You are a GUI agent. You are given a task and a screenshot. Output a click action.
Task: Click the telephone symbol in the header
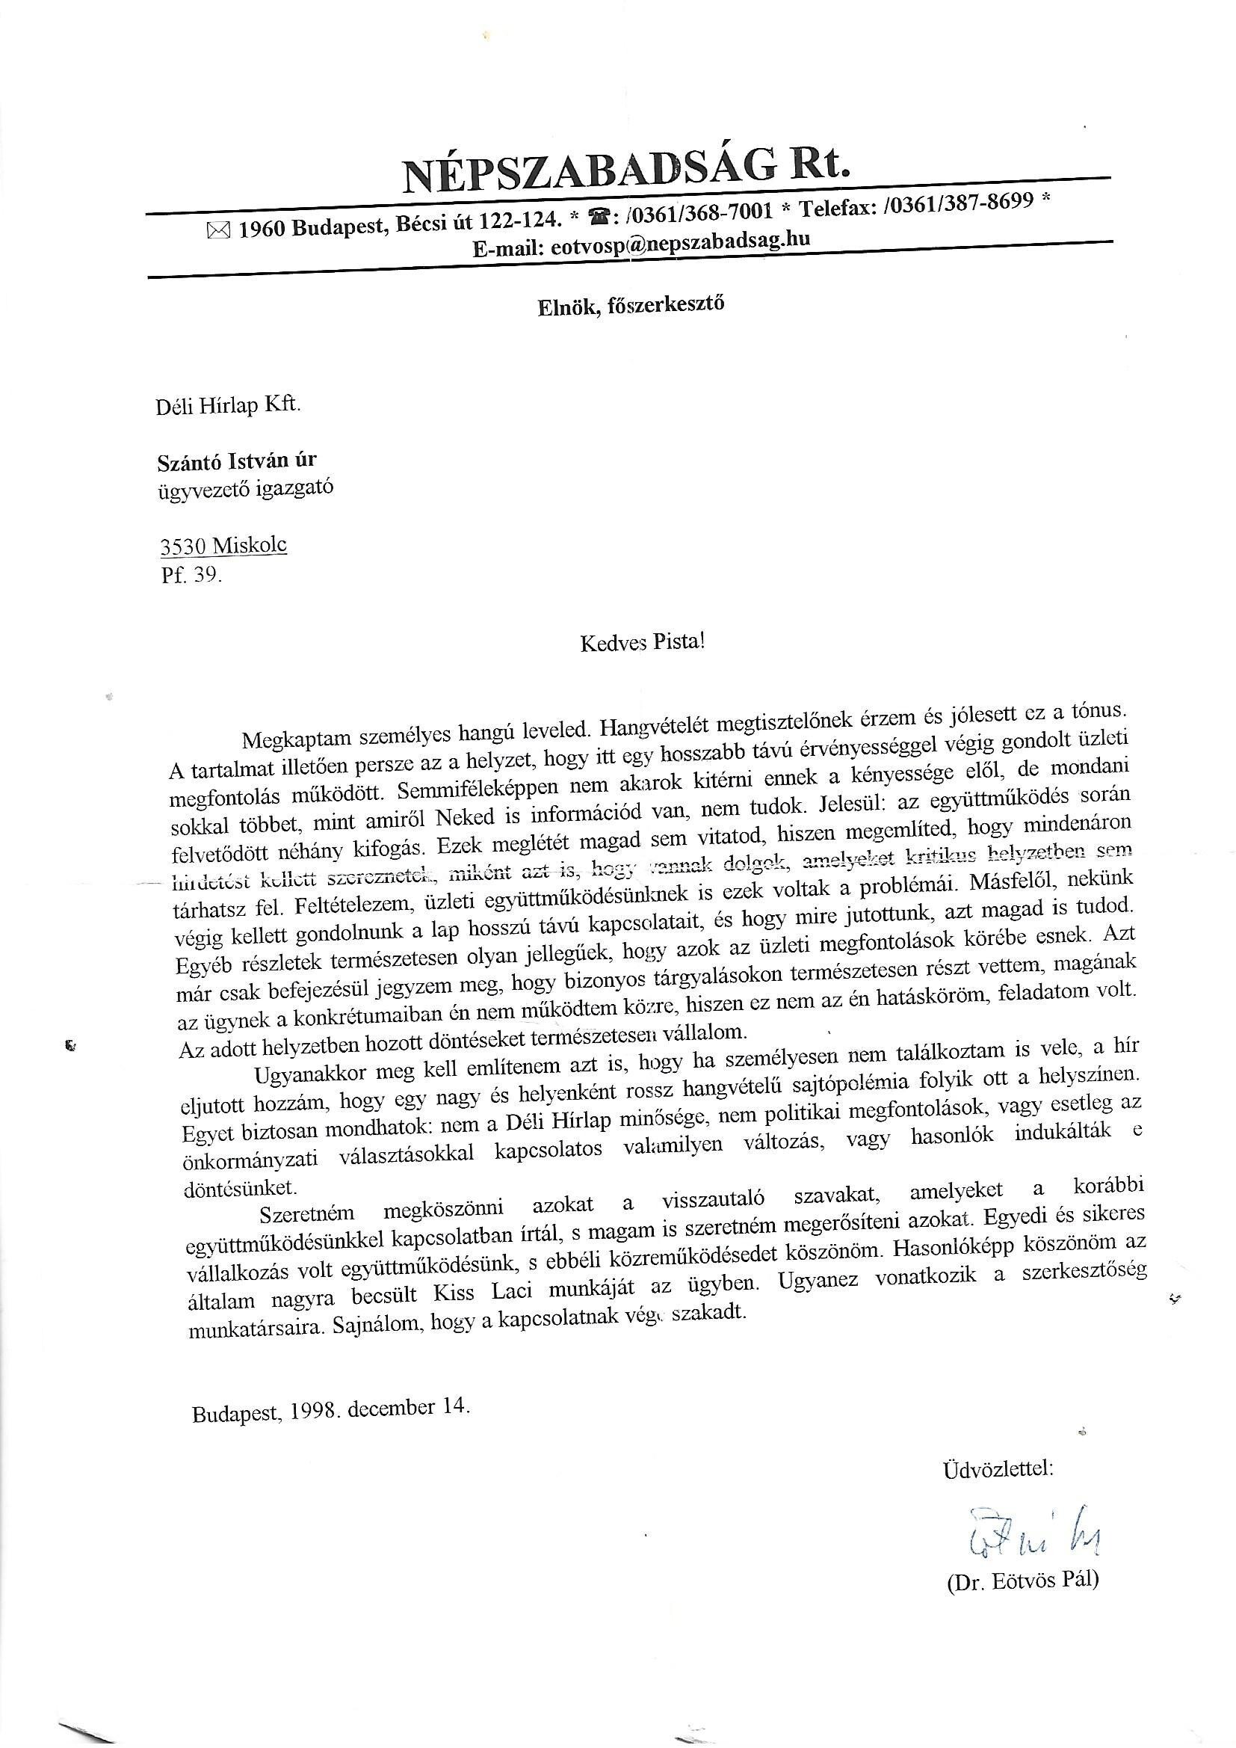(598, 218)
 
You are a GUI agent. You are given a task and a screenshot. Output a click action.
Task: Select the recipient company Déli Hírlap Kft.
(229, 406)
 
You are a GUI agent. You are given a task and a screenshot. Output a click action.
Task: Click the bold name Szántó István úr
(237, 461)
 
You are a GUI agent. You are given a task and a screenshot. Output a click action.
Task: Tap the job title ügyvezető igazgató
(244, 488)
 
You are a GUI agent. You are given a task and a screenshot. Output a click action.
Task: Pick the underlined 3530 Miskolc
(223, 546)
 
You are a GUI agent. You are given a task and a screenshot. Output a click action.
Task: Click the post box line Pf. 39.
(191, 575)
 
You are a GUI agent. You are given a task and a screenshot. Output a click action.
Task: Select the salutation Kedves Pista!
(643, 642)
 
